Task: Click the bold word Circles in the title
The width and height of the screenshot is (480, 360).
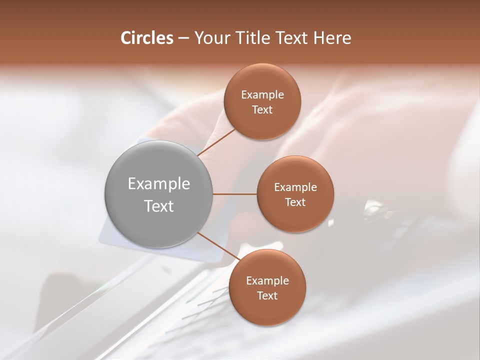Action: click(146, 38)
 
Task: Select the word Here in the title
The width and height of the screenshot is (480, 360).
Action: click(332, 38)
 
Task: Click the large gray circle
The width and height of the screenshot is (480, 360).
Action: click(158, 194)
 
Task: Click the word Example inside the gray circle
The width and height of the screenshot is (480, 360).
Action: click(158, 184)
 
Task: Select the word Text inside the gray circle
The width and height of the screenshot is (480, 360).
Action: click(158, 205)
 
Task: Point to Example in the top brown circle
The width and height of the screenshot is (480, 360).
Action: click(262, 95)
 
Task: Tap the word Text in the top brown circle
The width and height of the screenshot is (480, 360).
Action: click(262, 109)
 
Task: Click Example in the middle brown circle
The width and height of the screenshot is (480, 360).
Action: click(295, 187)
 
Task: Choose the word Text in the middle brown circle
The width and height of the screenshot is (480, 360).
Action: click(295, 202)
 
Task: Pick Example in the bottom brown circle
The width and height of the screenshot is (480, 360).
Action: click(267, 281)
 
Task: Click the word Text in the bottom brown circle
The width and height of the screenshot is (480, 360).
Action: click(267, 295)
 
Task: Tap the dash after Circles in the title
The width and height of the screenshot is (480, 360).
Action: click(183, 38)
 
